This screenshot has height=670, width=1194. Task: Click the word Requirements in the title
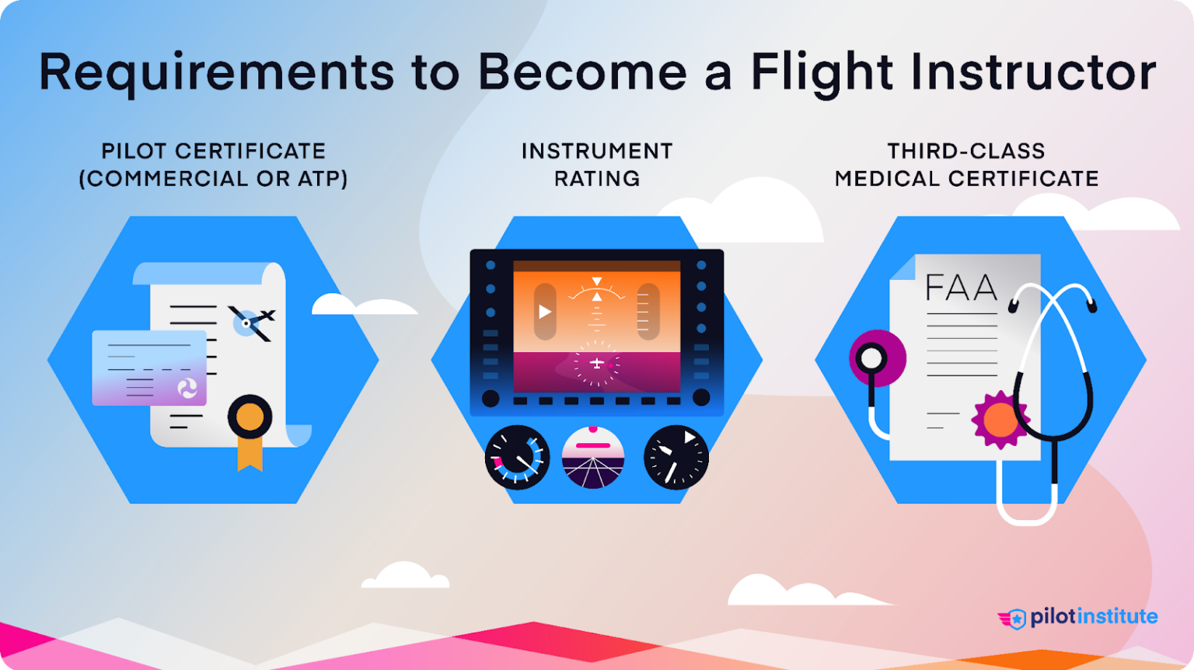coord(217,72)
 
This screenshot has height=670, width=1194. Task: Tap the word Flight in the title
coord(822,72)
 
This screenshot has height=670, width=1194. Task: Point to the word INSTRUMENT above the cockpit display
coord(597,151)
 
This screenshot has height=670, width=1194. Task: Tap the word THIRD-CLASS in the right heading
coord(966,151)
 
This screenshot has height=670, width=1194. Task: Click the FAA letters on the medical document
coord(961,288)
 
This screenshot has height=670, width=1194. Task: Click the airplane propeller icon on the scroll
coord(250,322)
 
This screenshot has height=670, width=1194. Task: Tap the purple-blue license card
coord(149,368)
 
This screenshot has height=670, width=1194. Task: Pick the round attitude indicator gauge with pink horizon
coord(593,458)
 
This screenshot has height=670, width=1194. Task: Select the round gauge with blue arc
coord(517,458)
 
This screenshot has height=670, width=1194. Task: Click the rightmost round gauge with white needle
coord(676,458)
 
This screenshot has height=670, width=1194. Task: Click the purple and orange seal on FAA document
coord(999,420)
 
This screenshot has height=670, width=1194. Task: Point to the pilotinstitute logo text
coord(1094,617)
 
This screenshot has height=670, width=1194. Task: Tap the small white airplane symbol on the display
coord(596,363)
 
